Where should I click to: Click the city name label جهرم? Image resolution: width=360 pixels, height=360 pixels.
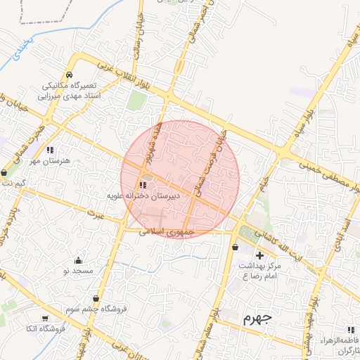click(257, 319)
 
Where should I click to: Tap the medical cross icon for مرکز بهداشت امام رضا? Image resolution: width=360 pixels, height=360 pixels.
click(260, 255)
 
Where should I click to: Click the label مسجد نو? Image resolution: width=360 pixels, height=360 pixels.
click(77, 270)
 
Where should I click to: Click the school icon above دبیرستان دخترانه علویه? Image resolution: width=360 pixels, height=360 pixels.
click(134, 185)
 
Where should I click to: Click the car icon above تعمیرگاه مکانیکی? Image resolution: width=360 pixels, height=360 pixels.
click(69, 75)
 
